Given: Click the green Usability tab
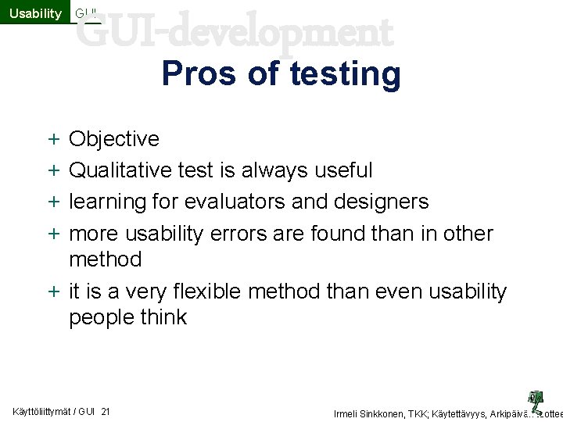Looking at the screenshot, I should (34, 13).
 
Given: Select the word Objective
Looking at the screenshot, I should (114, 139).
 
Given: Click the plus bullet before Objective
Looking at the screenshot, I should (52, 140).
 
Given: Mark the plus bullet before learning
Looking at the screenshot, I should (52, 202).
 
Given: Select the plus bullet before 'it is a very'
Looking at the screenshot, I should (52, 292).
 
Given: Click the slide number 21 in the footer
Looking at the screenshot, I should (106, 412).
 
